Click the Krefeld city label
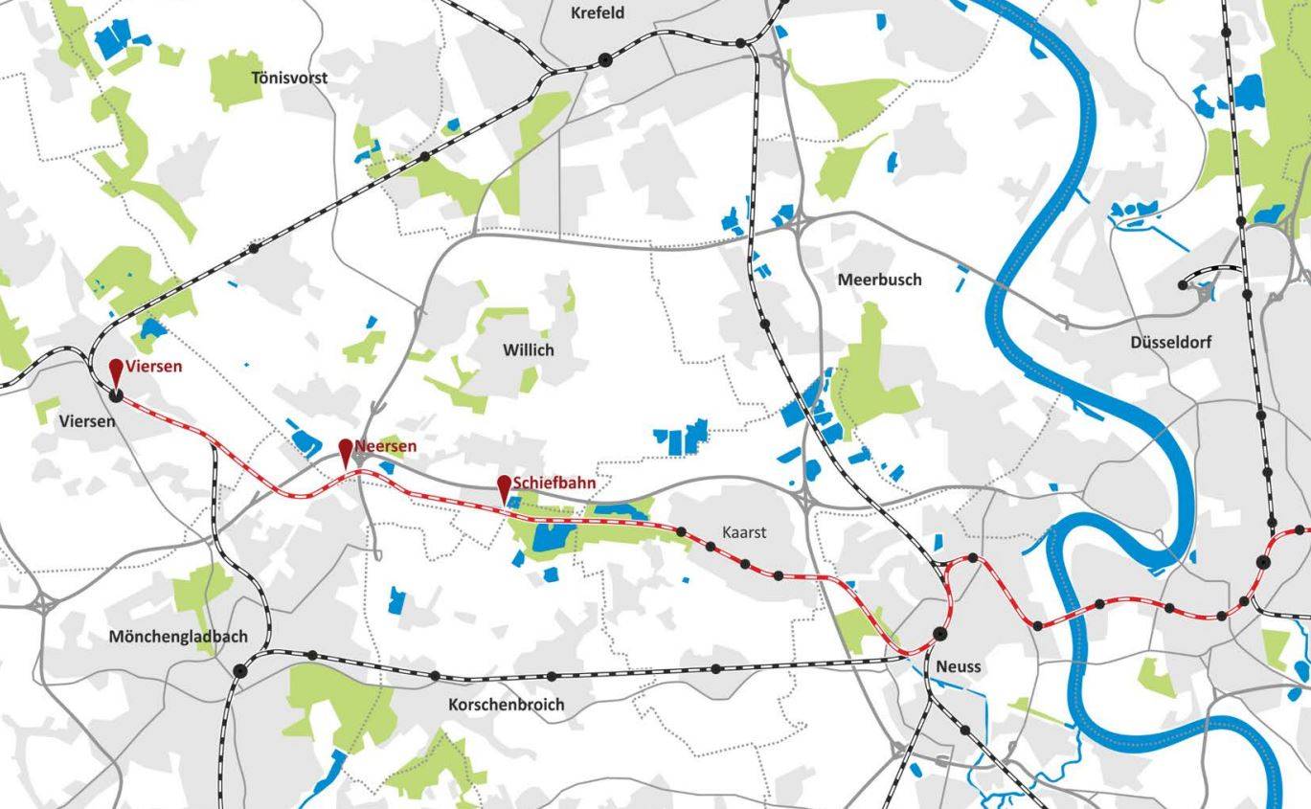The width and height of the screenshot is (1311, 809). [x=597, y=13]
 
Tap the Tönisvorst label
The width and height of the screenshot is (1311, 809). [x=289, y=78]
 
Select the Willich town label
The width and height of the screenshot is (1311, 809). [x=528, y=350]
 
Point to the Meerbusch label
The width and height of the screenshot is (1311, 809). [x=879, y=280]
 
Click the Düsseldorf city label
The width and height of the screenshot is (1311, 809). [x=1170, y=342]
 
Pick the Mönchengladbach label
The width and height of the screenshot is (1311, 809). [x=177, y=637]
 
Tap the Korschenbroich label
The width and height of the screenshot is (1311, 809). [x=506, y=705]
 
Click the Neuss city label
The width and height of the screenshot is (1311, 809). [x=959, y=666]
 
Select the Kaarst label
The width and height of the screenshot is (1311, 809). [x=744, y=532]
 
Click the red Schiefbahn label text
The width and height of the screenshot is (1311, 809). [x=554, y=483]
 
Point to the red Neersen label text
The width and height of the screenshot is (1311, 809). [x=385, y=446]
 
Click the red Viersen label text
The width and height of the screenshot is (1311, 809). [x=153, y=367]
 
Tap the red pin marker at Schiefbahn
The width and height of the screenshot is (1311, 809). [x=504, y=484]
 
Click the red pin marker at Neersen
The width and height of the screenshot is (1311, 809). [x=346, y=449]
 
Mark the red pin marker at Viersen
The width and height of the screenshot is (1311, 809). [x=116, y=369]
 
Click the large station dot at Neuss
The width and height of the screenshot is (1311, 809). [x=939, y=634]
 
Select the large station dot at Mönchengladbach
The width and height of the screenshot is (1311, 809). [x=239, y=670]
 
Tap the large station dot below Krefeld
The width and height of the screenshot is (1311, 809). [x=604, y=59]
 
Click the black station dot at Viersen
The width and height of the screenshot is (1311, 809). [x=116, y=393]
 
